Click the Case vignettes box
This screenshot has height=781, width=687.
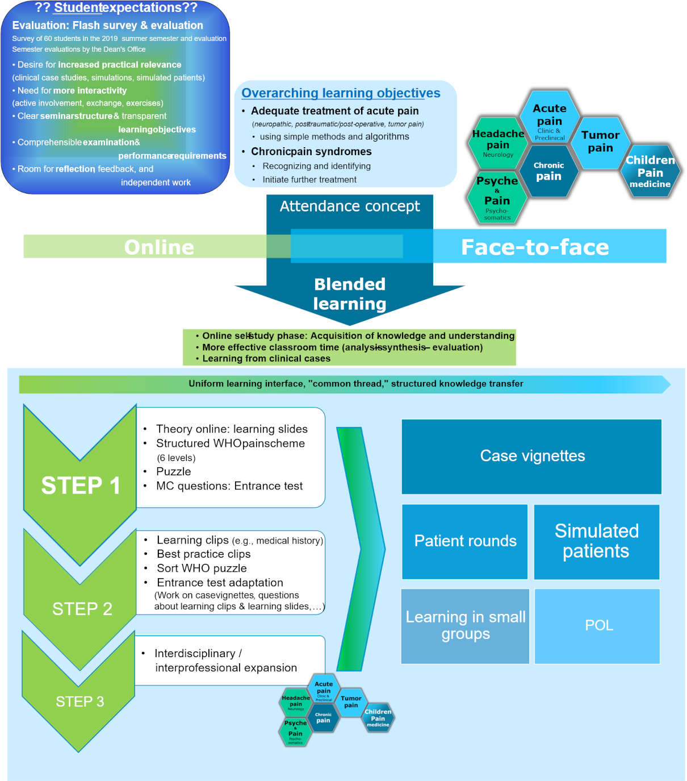click(531, 456)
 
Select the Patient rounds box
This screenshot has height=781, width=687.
click(465, 541)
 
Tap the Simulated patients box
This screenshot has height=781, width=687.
click(596, 541)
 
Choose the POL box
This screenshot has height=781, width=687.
click(598, 626)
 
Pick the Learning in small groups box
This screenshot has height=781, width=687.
click(465, 626)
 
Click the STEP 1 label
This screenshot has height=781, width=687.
click(80, 486)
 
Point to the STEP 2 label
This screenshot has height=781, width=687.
click(82, 609)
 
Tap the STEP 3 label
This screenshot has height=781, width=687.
click(79, 702)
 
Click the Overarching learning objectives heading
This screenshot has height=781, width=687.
click(341, 93)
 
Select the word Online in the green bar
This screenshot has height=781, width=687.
click(159, 247)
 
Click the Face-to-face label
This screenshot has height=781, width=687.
click(534, 247)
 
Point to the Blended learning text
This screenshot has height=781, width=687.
click(350, 294)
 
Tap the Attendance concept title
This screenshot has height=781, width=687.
click(350, 206)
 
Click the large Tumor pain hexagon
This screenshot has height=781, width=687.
click(600, 142)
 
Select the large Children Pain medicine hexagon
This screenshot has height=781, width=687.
click(650, 172)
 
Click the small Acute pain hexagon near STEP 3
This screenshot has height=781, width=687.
click(324, 688)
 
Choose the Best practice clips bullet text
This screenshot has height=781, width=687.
click(204, 554)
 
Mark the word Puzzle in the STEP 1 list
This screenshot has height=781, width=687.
click(174, 472)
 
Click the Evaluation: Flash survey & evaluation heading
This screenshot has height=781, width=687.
click(107, 26)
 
